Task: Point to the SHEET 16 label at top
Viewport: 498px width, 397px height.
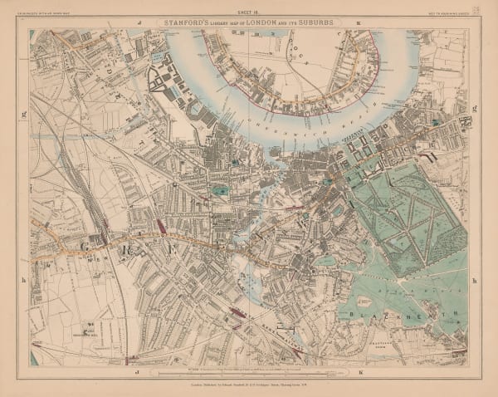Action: pyautogui.click(x=249, y=14)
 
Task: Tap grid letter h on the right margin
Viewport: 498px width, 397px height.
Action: pyautogui.click(x=474, y=281)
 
